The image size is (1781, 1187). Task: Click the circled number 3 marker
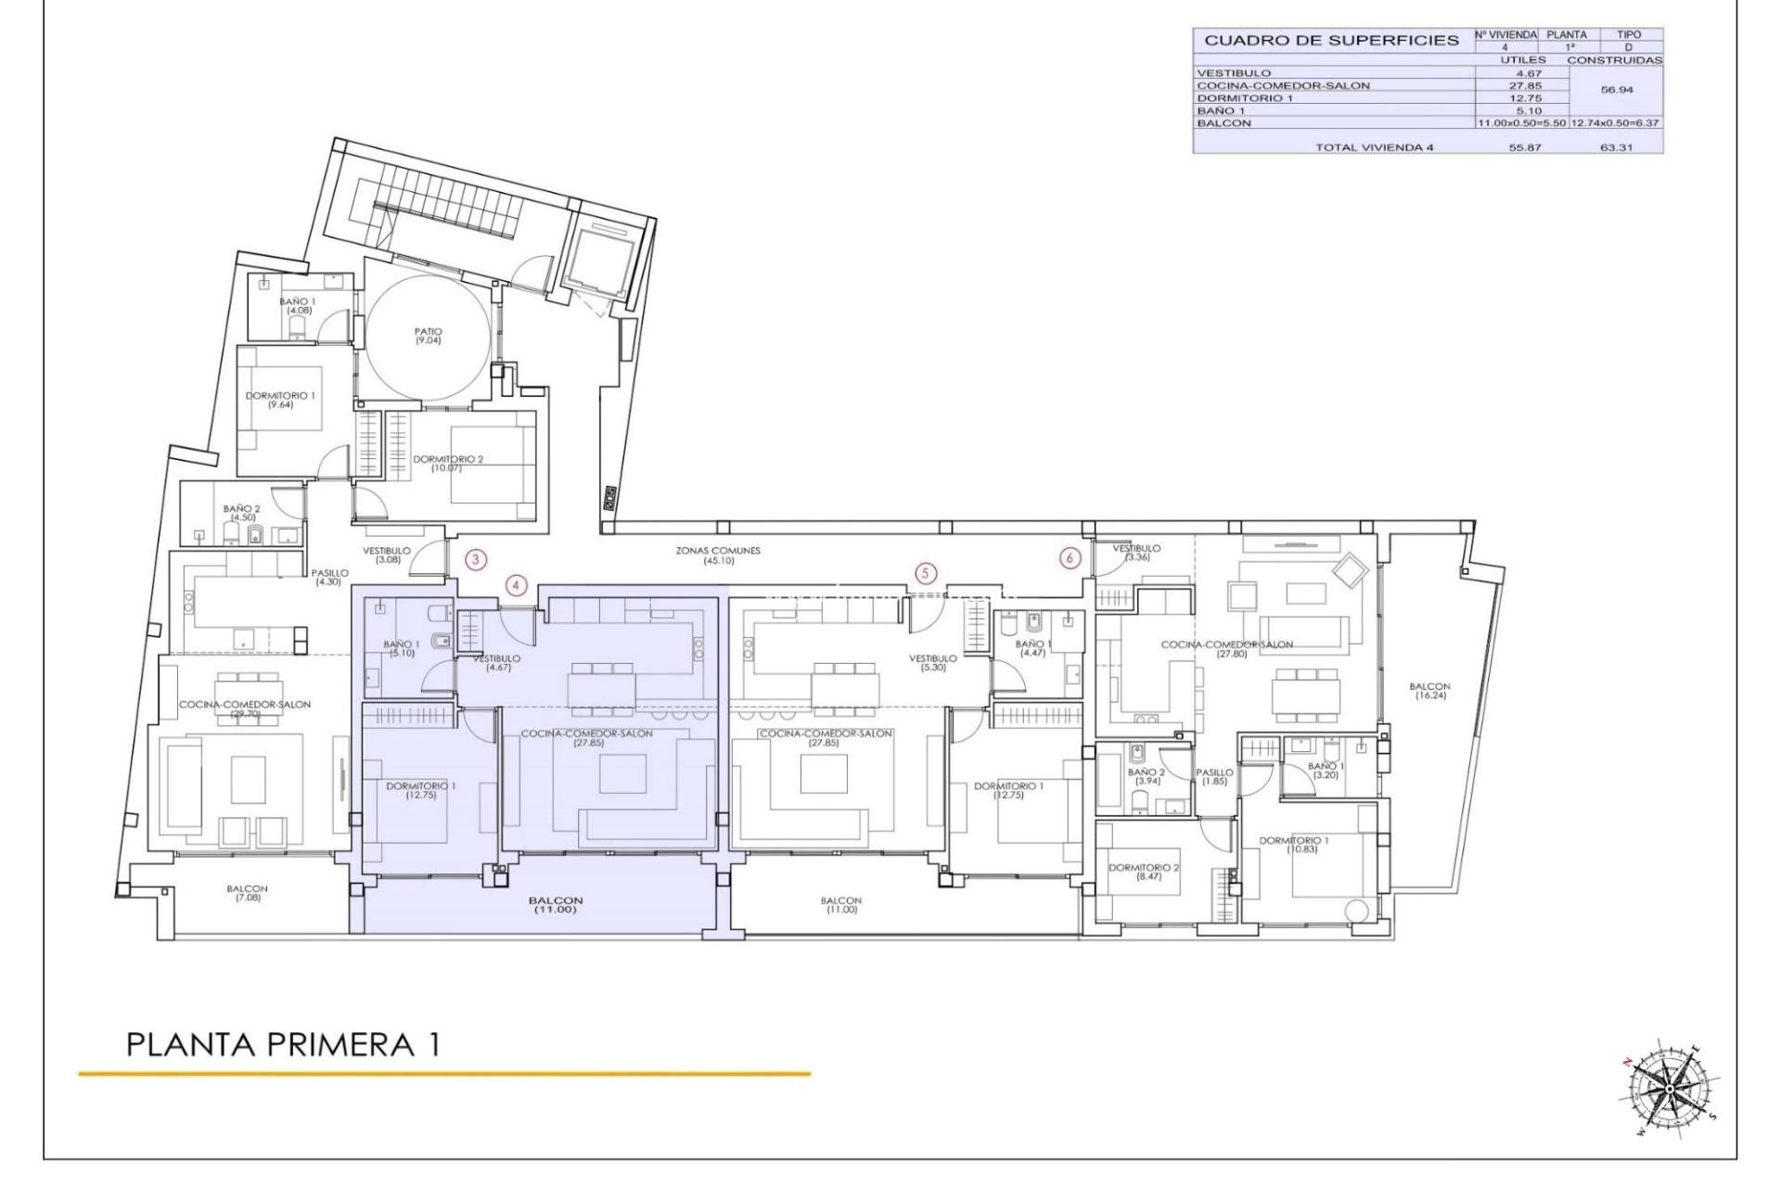click(475, 559)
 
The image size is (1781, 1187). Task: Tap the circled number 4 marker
click(517, 585)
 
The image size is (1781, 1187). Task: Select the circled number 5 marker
click(925, 573)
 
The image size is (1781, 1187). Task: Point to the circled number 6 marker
click(1070, 558)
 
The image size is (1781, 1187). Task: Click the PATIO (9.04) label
click(429, 336)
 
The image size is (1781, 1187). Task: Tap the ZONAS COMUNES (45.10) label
click(718, 555)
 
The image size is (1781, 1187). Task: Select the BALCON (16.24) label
click(1429, 691)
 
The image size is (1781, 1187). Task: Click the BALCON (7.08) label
click(248, 893)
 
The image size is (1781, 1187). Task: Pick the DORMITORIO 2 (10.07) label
click(448, 463)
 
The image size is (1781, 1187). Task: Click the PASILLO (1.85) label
click(1214, 776)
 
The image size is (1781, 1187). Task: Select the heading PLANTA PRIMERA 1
click(283, 1045)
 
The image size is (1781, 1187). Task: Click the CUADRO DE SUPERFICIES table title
click(1331, 41)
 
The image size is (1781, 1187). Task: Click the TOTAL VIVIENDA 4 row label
click(1374, 147)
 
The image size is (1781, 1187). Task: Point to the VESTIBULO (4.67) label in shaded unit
click(496, 662)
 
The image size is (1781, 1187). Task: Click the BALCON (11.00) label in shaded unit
click(556, 905)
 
